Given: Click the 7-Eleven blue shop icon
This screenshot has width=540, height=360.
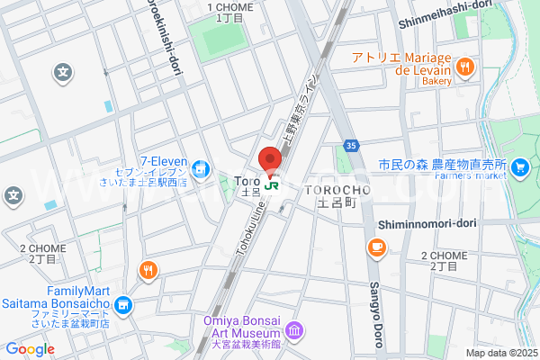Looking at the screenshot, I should pos(204,167).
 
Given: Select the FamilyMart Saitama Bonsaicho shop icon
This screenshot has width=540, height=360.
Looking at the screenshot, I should pos(124,307).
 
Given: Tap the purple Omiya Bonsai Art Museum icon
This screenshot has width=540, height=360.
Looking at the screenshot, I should pos(298,334).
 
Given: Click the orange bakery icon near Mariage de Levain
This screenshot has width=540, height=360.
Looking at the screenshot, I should pos(464,66).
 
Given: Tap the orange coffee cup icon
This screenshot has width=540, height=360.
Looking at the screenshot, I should pos(375,247).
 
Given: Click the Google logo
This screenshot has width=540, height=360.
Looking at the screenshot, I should pos(30,349).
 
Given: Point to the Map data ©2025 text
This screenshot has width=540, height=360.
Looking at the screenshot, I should pos(499,353).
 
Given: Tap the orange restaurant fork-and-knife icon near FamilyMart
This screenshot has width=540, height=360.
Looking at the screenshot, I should pos(148,270).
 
